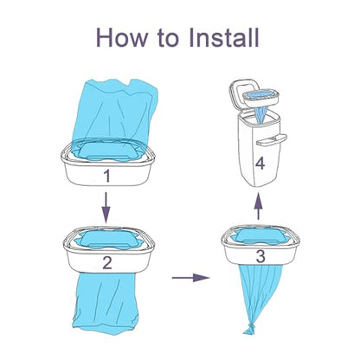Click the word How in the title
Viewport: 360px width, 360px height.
pos(122,37)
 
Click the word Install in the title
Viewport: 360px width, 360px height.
pos(224,37)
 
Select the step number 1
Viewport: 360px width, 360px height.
pos(107,176)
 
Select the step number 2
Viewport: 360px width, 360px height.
pos(107,262)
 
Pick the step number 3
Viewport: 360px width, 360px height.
pos(260,256)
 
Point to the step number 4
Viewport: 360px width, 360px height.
pos(260,164)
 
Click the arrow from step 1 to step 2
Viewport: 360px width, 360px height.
pos(106,208)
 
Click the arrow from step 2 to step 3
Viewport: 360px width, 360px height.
pos(190,278)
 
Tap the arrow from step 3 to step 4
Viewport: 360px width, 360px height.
pos(259,207)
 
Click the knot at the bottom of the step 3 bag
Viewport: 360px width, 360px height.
pos(249,329)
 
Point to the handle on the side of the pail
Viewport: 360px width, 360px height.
pos(272,140)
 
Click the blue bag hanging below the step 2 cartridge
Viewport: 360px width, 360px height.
pos(106,303)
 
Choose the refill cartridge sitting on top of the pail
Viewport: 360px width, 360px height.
pos(260,98)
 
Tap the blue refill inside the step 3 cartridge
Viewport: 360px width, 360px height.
pos(260,235)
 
